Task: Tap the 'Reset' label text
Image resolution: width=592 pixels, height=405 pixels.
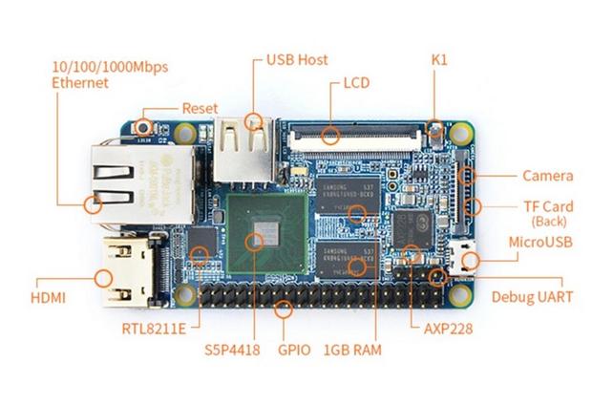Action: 200,108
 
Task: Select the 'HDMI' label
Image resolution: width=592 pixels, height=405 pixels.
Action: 47,298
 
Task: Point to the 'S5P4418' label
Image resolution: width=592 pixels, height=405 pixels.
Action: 231,349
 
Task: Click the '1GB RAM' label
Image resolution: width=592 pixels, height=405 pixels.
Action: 352,349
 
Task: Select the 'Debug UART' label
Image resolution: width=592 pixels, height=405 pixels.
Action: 533,297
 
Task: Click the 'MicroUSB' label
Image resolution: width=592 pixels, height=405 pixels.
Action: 541,243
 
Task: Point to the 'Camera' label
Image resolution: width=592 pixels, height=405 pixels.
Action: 547,176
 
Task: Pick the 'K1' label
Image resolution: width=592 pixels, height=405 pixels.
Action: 439,59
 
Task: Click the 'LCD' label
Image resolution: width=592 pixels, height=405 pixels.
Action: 356,84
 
